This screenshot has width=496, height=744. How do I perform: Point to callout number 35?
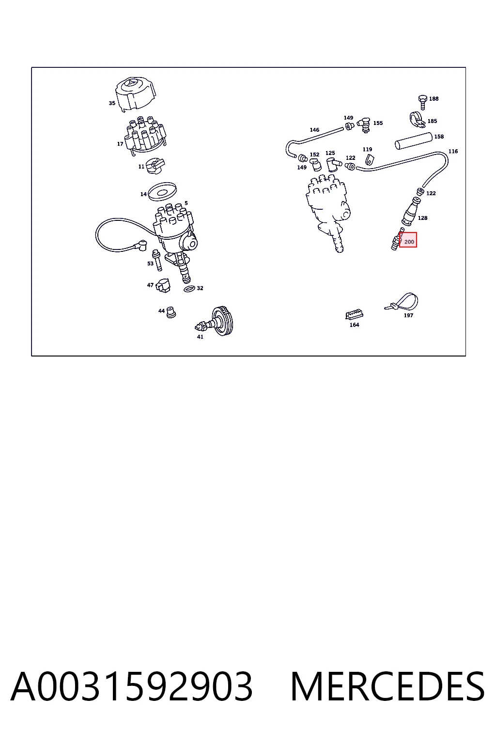[112, 103]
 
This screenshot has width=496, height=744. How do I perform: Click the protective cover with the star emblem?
[136, 93]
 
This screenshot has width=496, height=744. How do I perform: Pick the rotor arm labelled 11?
[155, 166]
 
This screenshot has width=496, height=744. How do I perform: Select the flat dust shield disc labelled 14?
[162, 191]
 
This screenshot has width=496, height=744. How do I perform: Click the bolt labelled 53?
[157, 260]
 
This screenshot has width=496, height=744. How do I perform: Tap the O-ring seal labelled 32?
[189, 289]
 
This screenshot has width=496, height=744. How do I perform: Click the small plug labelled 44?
[171, 312]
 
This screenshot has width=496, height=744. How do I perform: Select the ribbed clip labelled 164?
[354, 314]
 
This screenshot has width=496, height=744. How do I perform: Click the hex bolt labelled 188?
[422, 102]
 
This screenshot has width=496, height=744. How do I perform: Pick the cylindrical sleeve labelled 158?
[414, 140]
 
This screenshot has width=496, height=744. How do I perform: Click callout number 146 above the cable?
[314, 130]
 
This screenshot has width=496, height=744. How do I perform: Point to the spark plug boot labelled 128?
[411, 211]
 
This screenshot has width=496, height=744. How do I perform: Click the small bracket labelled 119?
[369, 160]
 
